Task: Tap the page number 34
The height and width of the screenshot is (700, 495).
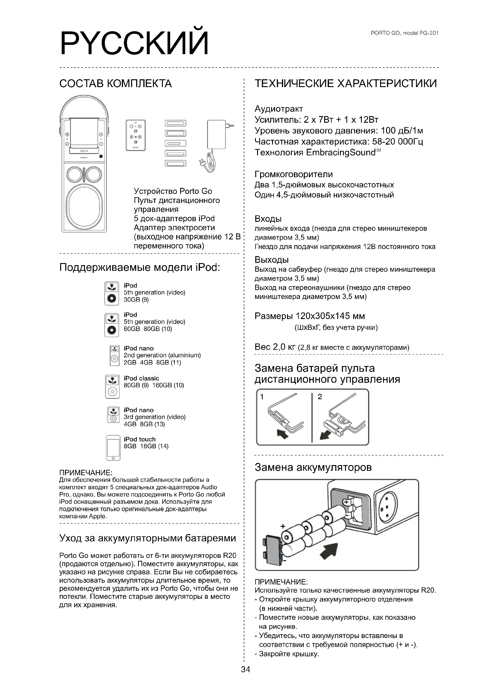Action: pyautogui.click(x=245, y=669)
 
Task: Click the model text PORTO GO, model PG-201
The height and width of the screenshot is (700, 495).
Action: pyautogui.click(x=405, y=33)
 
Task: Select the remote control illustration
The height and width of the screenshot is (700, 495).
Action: pyautogui.click(x=136, y=135)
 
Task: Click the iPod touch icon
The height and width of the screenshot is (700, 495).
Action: pyautogui.click(x=113, y=448)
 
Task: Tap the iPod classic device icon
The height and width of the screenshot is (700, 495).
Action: pyautogui.click(x=112, y=387)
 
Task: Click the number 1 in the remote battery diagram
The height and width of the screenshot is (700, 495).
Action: pyautogui.click(x=262, y=397)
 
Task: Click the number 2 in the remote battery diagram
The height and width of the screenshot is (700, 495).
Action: pyautogui.click(x=320, y=397)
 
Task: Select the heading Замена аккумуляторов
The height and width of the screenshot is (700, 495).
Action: pyautogui.click(x=313, y=467)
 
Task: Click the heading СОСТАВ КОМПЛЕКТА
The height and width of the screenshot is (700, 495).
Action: pyautogui.click(x=116, y=83)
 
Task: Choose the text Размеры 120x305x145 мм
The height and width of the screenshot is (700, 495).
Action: pyautogui.click(x=310, y=316)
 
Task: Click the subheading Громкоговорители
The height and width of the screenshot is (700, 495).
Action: pyautogui.click(x=294, y=174)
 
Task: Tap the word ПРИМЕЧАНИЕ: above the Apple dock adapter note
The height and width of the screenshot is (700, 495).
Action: pyautogui.click(x=86, y=473)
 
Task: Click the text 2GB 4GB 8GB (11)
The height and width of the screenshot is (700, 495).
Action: pyautogui.click(x=152, y=362)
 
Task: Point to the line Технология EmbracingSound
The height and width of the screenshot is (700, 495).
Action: pyautogui.click(x=317, y=152)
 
